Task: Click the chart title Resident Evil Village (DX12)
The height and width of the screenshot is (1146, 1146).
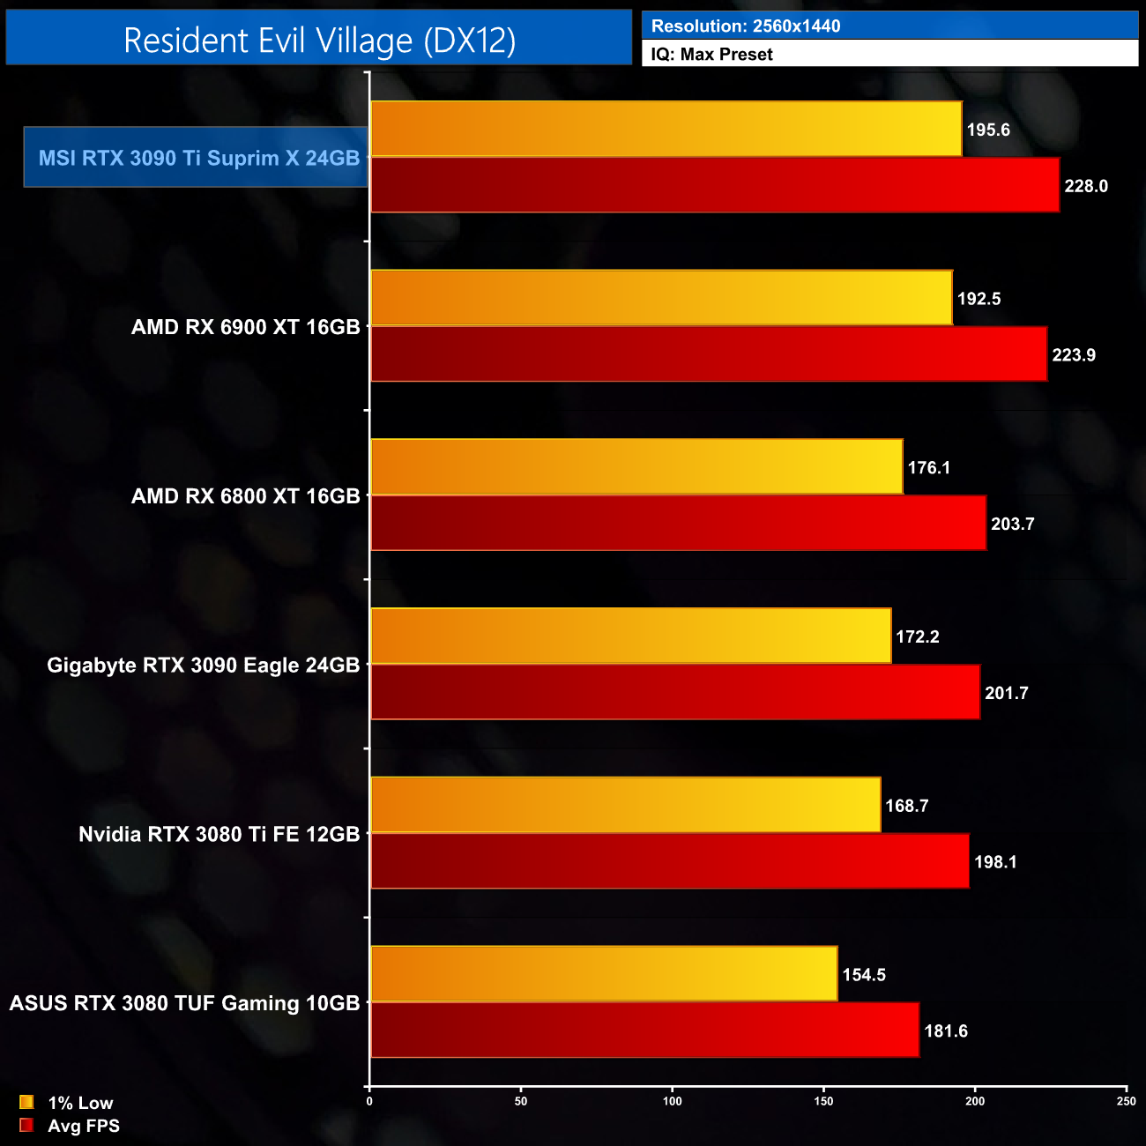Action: pos(319,41)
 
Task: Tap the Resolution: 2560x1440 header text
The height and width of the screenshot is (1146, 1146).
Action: pos(746,26)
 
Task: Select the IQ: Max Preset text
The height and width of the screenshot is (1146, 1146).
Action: pos(711,54)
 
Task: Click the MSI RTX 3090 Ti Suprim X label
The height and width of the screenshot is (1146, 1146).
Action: pos(198,158)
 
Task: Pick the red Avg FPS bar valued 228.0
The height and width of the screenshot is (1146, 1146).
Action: pos(715,185)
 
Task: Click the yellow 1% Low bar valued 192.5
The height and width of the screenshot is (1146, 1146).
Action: pos(661,298)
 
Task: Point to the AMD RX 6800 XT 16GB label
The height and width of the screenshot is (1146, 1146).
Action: pos(245,496)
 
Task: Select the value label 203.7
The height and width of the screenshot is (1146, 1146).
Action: pos(1012,524)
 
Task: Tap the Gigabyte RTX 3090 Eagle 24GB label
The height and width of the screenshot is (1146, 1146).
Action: pos(203,666)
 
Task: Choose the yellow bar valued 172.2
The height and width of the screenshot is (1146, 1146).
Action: pos(631,636)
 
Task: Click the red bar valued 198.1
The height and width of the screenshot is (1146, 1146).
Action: pos(670,861)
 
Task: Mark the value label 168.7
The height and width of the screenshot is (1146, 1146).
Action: pos(906,806)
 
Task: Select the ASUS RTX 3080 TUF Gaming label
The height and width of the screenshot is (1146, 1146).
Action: pos(184,1003)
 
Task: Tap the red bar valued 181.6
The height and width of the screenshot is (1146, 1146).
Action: pos(644,1030)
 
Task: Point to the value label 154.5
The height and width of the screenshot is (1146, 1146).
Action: pos(864,975)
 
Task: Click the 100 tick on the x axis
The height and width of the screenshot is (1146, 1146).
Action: pos(673,1100)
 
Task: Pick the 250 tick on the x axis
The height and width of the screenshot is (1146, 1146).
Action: pos(1126,1100)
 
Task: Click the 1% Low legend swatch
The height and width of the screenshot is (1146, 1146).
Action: pos(26,1102)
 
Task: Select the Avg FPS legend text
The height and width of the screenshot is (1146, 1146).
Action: pos(84,1126)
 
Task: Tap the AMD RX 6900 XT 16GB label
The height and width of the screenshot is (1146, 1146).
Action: pos(245,327)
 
